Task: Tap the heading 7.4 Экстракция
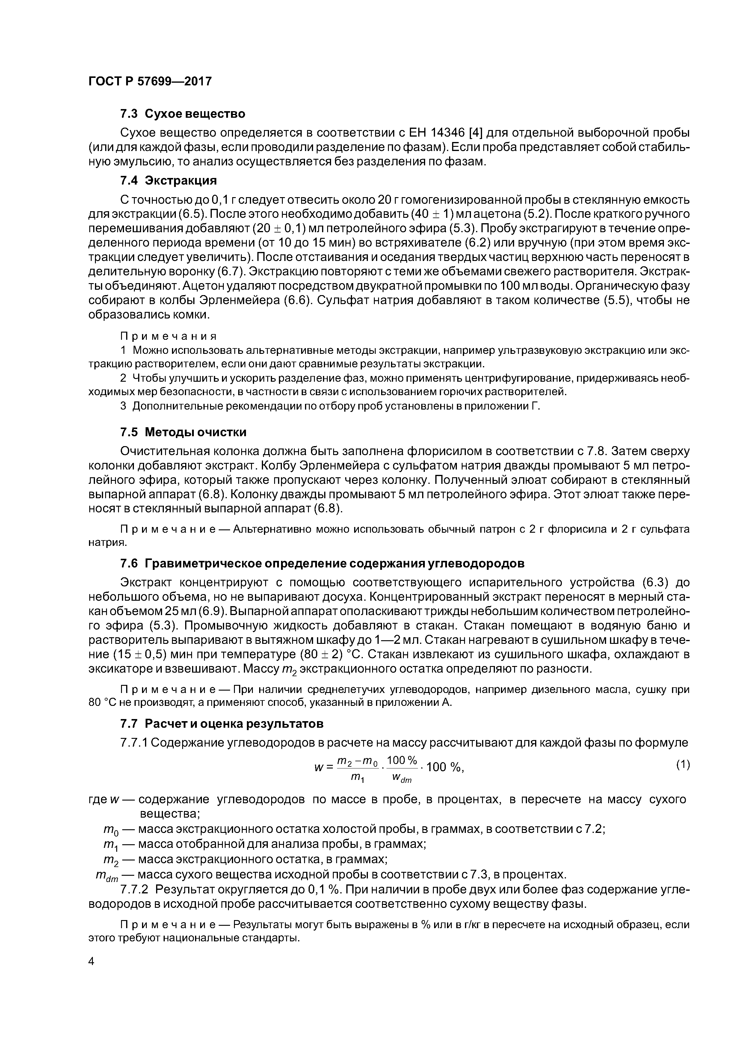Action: coord(168,180)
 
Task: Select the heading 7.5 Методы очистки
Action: coord(183,432)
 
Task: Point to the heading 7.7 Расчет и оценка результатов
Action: coord(222,724)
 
